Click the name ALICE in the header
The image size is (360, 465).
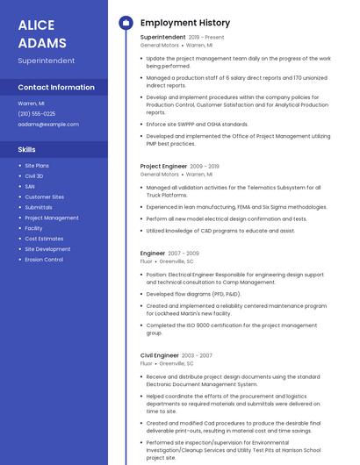tap(36, 25)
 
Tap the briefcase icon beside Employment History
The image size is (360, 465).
tap(125, 23)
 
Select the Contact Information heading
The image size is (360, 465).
tap(56, 88)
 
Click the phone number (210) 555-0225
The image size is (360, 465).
tap(36, 113)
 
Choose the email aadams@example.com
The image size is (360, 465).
tap(47, 125)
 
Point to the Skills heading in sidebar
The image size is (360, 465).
tap(27, 149)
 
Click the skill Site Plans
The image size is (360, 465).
tap(37, 166)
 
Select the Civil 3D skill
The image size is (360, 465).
tap(34, 176)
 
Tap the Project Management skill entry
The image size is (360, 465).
tap(52, 218)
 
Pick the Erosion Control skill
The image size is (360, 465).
tap(44, 260)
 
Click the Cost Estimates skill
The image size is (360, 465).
tap(44, 239)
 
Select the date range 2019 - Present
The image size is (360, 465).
tap(206, 38)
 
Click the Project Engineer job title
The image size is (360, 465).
tap(163, 166)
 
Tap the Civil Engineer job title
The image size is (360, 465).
tap(160, 355)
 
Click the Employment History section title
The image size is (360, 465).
tap(185, 23)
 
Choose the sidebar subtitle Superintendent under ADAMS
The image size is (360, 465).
tap(46, 61)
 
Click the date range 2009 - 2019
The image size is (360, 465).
tap(205, 166)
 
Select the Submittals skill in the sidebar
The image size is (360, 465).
tap(39, 208)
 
